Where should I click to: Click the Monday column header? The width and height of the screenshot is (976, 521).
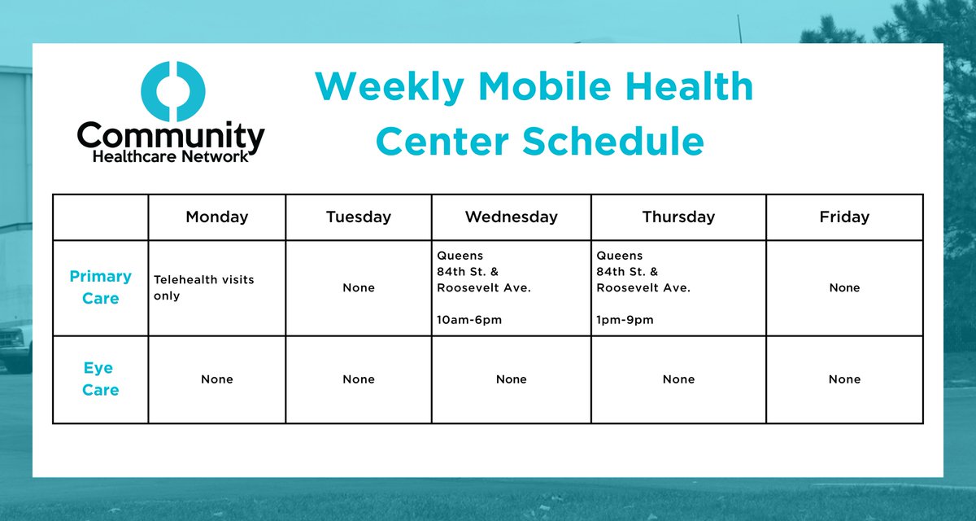pyautogui.click(x=216, y=217)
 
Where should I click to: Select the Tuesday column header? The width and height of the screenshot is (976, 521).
pyautogui.click(x=358, y=217)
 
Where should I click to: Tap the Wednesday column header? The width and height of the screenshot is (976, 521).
pyautogui.click(x=511, y=217)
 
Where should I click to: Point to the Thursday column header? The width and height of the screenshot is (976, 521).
pyautogui.click(x=678, y=217)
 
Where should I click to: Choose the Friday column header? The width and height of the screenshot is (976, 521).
pyautogui.click(x=844, y=217)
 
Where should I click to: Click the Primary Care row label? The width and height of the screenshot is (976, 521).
pyautogui.click(x=100, y=287)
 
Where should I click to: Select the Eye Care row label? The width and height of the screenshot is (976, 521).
pyautogui.click(x=100, y=379)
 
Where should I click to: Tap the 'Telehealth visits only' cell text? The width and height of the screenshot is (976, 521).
pyautogui.click(x=203, y=287)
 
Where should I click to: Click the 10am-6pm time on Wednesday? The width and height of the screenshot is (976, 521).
pyautogui.click(x=469, y=320)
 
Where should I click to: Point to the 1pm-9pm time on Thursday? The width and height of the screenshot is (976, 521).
pyautogui.click(x=625, y=320)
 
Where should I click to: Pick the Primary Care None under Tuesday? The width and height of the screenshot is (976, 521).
pyautogui.click(x=358, y=287)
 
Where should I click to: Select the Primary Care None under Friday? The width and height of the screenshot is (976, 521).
pyautogui.click(x=844, y=287)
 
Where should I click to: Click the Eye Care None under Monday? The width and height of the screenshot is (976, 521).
pyautogui.click(x=216, y=379)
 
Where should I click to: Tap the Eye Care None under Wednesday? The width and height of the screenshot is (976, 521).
pyautogui.click(x=511, y=379)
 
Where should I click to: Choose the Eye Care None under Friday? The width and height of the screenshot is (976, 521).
pyautogui.click(x=844, y=379)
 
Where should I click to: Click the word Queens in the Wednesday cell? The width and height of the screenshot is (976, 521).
pyautogui.click(x=460, y=256)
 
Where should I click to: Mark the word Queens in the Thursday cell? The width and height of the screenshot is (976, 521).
pyautogui.click(x=619, y=256)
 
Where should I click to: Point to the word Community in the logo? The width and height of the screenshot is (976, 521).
pyautogui.click(x=171, y=136)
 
